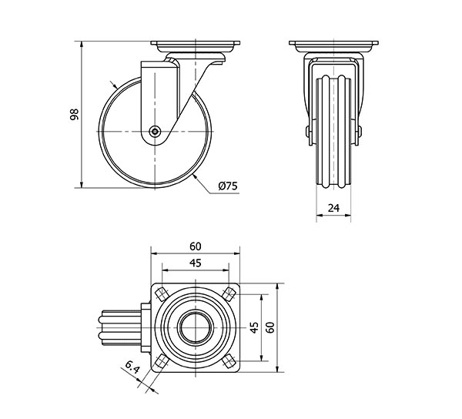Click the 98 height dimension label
74,114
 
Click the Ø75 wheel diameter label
228,186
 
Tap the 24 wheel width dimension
333,208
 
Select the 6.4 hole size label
132,367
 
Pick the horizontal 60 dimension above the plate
196,246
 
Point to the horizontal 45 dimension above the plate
196,263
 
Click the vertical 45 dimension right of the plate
254,327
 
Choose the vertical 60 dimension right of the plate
270,327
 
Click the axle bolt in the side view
155,132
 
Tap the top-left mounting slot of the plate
162,294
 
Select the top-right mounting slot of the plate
229,294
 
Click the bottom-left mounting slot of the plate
162,361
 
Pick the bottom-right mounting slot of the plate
229,361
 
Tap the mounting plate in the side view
196,44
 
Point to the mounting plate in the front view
334,44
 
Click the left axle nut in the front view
308,132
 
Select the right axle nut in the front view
360,132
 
